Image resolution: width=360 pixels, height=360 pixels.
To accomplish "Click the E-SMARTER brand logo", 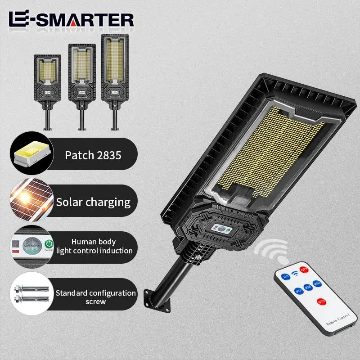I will point(71,19).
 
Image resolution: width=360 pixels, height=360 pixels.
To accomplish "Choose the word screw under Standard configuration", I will point(95,301).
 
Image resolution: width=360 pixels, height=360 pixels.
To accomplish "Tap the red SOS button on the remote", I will point(322,300).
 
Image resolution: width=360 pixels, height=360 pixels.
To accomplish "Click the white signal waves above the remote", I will point(273,252).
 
